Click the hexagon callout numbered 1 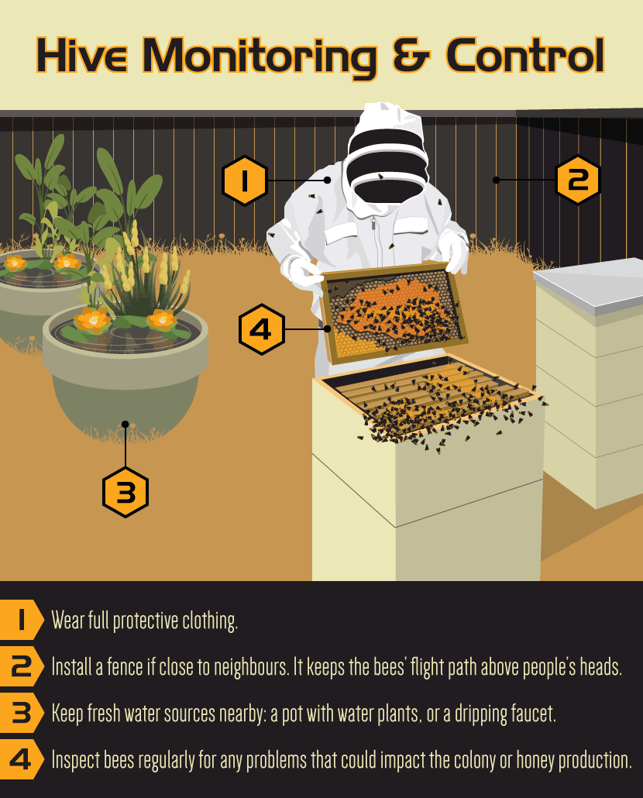[245, 181]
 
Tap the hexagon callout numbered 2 [578, 180]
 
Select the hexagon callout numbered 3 [126, 492]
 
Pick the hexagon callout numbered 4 [262, 329]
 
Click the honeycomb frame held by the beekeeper [394, 312]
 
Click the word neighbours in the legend [251, 667]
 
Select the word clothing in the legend [210, 621]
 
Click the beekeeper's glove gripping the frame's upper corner [455, 253]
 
